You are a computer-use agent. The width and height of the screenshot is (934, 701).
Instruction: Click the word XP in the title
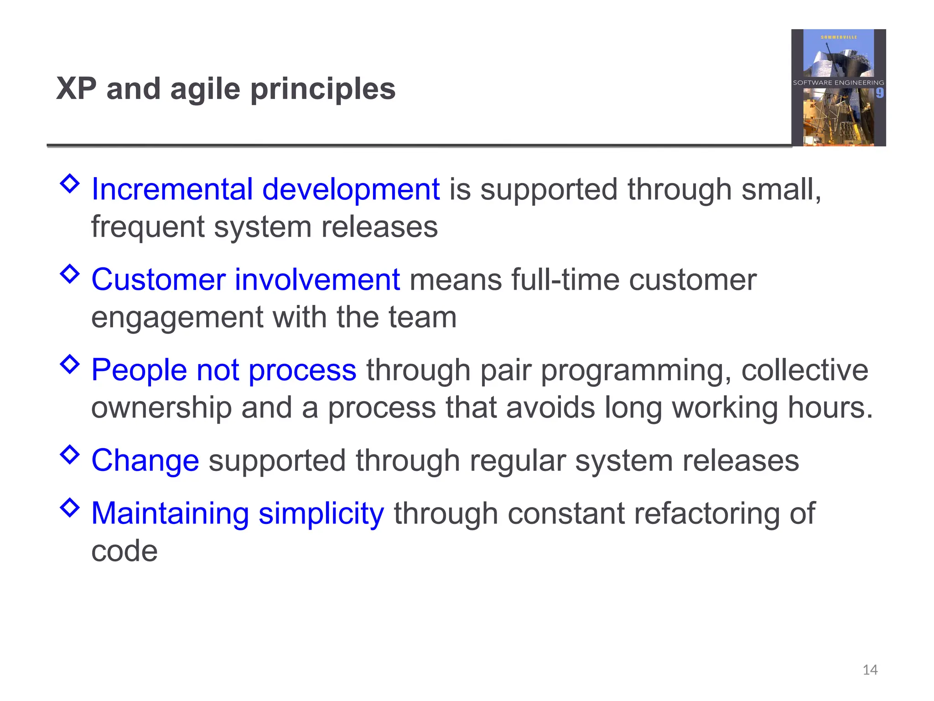[x=77, y=89]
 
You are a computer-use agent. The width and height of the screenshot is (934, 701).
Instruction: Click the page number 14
[x=870, y=670]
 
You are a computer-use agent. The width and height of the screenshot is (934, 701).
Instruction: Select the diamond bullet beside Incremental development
[x=70, y=183]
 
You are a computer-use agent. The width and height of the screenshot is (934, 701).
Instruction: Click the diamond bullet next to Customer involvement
[x=70, y=274]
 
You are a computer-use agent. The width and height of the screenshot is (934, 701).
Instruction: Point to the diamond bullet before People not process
[x=70, y=364]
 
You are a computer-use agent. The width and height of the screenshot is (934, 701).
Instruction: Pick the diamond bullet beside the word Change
[x=70, y=455]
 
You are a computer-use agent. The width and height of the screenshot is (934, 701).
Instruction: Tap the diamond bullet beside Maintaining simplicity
[x=70, y=507]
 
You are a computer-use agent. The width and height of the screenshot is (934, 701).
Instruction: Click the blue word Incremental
[x=172, y=189]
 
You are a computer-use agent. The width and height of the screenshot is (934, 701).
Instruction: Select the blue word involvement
[x=317, y=279]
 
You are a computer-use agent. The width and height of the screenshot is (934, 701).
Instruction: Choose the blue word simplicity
[x=321, y=514]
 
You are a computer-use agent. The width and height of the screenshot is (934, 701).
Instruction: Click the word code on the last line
[x=125, y=551]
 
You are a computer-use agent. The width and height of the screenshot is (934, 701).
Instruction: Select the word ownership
[x=161, y=407]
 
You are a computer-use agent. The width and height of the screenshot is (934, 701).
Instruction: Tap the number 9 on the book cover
[x=879, y=94]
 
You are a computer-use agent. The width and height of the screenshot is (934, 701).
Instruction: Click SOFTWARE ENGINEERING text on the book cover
[x=838, y=83]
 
